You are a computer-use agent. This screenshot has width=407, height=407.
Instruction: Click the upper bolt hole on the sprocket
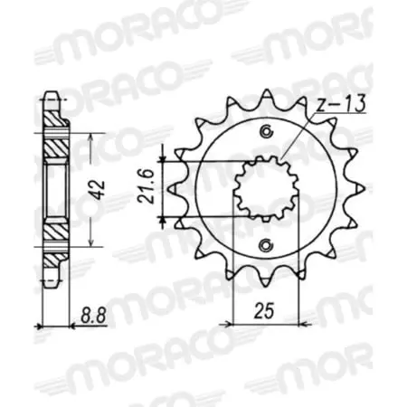265,134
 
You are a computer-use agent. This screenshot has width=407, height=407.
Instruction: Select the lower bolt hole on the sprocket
265,245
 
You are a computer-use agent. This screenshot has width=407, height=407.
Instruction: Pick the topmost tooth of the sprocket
265,93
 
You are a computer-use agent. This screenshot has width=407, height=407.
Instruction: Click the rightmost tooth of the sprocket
360,189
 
